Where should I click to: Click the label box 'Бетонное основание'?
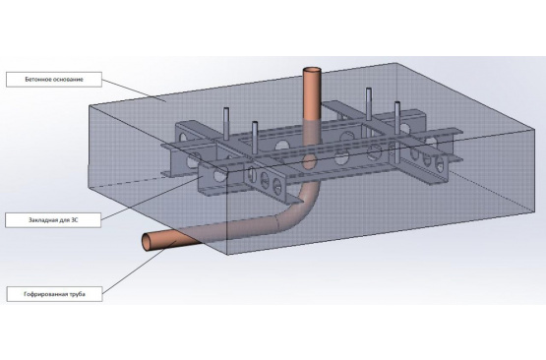54,80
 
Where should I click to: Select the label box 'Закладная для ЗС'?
53,220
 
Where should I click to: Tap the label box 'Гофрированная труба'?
54,294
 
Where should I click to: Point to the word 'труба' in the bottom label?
78,294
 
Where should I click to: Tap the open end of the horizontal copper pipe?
148,241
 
